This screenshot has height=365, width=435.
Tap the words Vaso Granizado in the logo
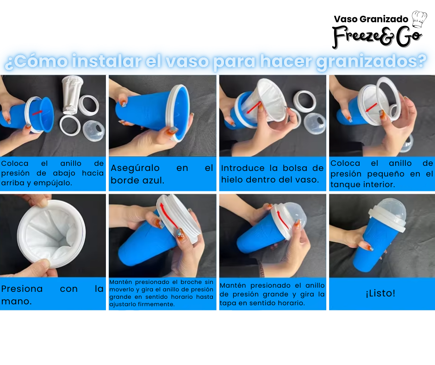(371, 19)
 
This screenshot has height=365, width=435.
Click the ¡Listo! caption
(380, 293)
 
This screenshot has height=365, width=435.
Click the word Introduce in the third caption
(243, 168)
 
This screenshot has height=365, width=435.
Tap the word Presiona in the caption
(22, 289)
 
